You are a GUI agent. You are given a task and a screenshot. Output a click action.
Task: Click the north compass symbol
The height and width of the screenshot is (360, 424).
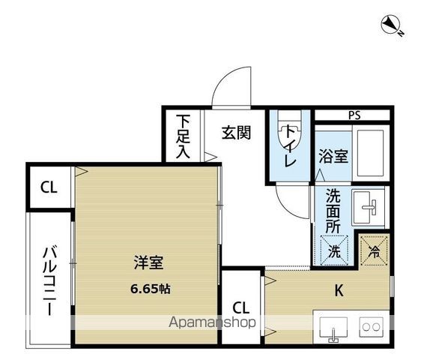[391, 26]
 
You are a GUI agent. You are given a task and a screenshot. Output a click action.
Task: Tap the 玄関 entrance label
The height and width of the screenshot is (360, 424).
[235, 133]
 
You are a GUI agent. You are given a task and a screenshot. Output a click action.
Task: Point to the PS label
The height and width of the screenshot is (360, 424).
[354, 115]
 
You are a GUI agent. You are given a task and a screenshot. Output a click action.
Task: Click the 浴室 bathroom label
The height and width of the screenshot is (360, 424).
[333, 157]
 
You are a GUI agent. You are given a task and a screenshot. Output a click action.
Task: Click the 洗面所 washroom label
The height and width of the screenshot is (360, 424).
[333, 208]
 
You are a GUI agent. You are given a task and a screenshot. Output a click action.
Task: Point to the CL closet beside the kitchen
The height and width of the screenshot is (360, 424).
[241, 307]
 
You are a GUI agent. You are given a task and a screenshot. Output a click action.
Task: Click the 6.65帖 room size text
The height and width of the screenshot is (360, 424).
[150, 289]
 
